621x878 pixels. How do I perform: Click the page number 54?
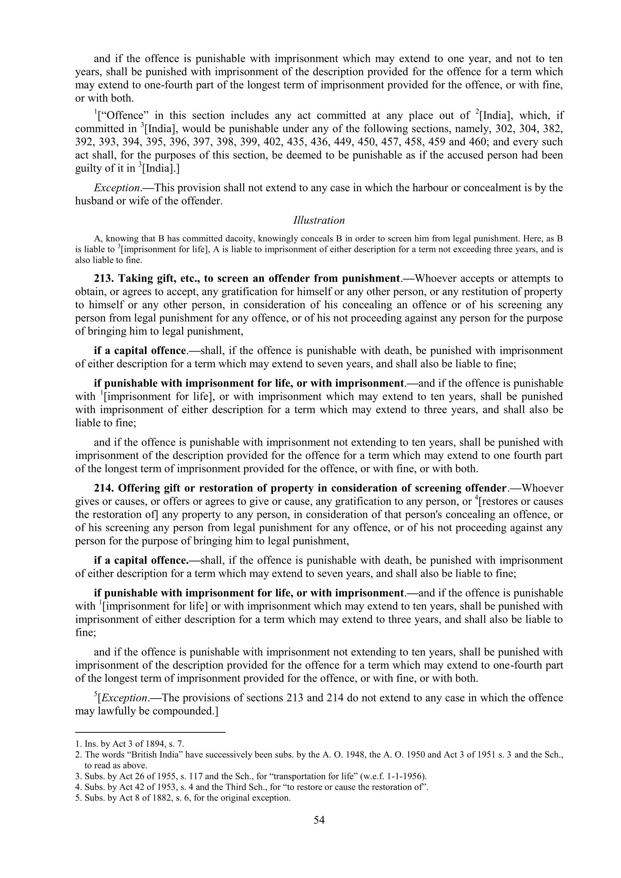tap(319, 819)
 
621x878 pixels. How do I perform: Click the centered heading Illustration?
tap(319, 220)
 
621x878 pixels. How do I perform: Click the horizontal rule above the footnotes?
tap(150, 733)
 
